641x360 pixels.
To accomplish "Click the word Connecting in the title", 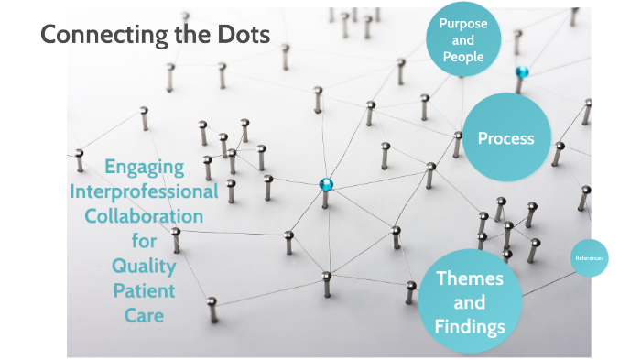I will click(100, 35).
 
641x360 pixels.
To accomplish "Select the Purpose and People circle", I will click(463, 39).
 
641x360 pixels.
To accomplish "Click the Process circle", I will click(505, 139).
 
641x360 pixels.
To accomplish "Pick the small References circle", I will click(589, 258).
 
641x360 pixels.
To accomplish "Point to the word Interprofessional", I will click(145, 192).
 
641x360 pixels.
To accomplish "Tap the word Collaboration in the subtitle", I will click(145, 217).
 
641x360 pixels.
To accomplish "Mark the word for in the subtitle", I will click(145, 242).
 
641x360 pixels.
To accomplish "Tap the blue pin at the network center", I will click(326, 184).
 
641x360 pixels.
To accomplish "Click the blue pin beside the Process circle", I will click(522, 71).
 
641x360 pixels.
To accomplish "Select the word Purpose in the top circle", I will click(463, 23).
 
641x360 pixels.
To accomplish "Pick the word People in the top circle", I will click(463, 57).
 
